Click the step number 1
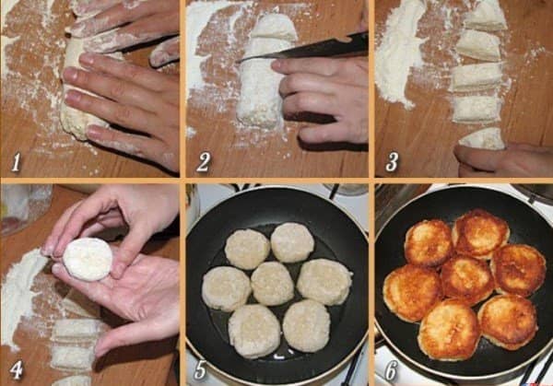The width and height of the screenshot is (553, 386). (x=16, y=162)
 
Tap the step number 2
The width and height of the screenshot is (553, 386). (x=203, y=162)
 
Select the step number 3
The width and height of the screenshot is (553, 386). (x=392, y=162)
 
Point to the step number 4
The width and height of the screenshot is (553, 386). (x=17, y=370)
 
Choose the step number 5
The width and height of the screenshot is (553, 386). (x=200, y=369)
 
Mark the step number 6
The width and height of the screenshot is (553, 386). (x=391, y=370)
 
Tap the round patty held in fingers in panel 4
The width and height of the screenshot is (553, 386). (x=88, y=259)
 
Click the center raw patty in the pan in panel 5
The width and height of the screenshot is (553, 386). (x=272, y=284)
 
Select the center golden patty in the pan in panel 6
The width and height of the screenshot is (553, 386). (x=467, y=280)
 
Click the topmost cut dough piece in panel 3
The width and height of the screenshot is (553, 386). (x=486, y=17)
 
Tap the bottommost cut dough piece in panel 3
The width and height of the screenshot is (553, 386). (x=482, y=138)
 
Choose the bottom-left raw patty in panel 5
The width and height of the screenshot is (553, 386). (x=254, y=331)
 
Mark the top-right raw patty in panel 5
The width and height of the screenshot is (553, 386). (x=292, y=242)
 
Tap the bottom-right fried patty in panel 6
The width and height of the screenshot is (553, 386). (x=508, y=322)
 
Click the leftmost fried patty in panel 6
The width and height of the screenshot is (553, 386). (x=412, y=293)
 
